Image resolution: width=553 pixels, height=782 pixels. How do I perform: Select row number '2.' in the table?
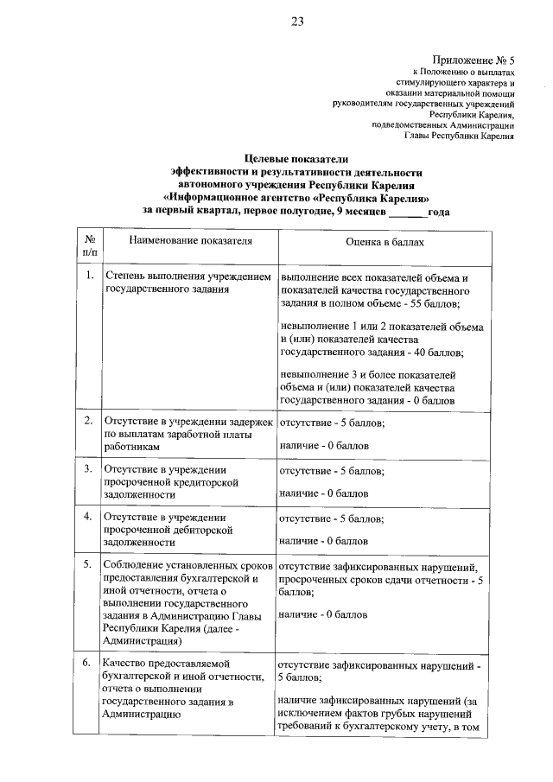click(x=88, y=421)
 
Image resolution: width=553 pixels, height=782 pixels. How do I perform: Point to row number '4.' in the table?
click(x=88, y=517)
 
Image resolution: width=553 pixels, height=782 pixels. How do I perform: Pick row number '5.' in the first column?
click(x=88, y=564)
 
